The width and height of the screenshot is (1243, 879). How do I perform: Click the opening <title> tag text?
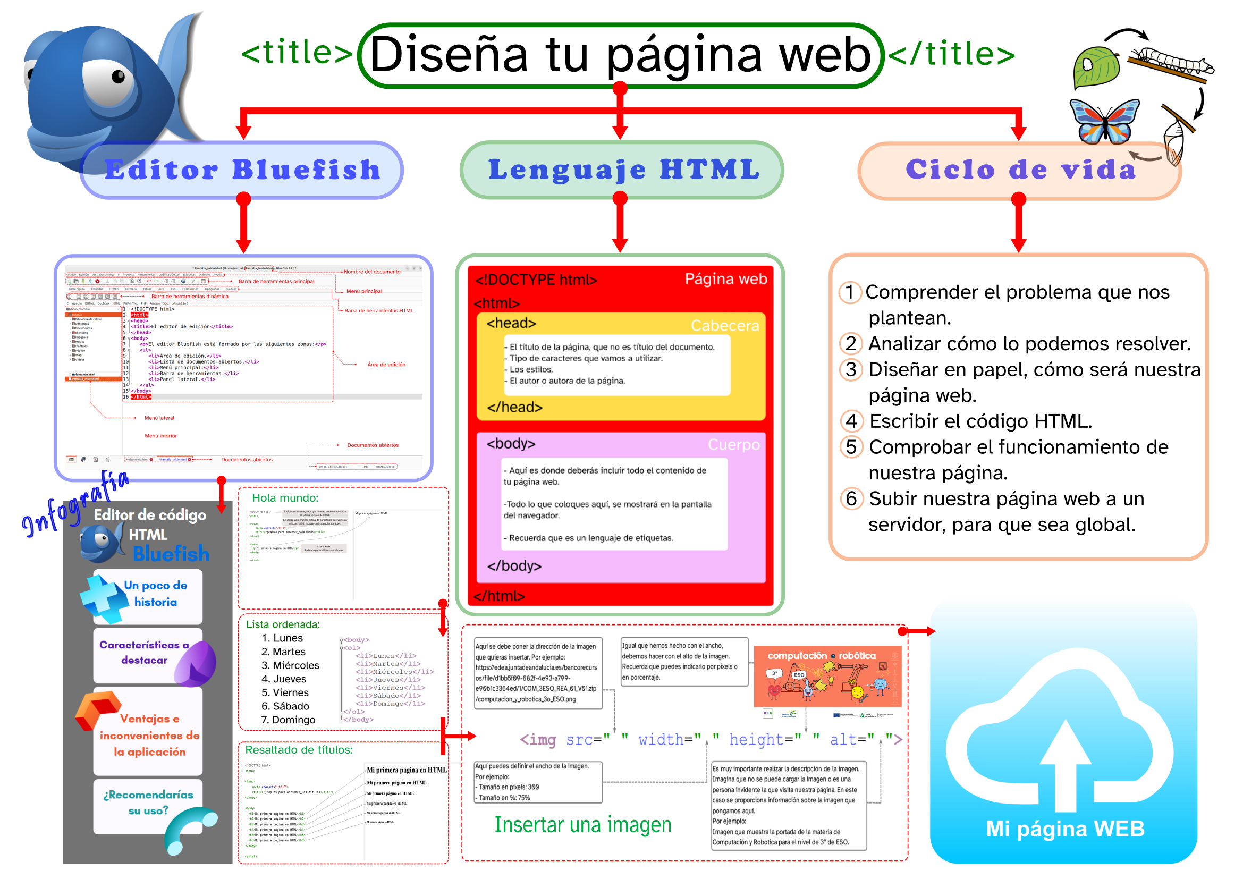pyautogui.click(x=297, y=53)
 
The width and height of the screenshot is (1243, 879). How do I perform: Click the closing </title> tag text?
pyautogui.click(x=951, y=54)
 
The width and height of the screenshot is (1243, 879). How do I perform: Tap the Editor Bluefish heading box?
pyautogui.click(x=242, y=170)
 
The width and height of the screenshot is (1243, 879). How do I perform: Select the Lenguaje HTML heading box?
pyautogui.click(x=622, y=170)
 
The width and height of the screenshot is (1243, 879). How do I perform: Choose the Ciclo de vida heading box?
pyautogui.click(x=1019, y=170)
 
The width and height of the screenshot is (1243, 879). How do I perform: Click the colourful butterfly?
pyautogui.click(x=1104, y=121)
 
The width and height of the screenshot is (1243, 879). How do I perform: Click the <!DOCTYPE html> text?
pyautogui.click(x=536, y=280)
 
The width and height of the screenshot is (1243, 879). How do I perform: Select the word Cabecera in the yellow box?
pyautogui.click(x=724, y=325)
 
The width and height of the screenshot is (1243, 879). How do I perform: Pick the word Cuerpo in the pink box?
pyautogui.click(x=733, y=444)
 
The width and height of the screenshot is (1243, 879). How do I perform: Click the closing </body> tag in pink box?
pyautogui.click(x=514, y=565)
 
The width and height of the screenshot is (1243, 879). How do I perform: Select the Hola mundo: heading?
pyautogui.click(x=285, y=498)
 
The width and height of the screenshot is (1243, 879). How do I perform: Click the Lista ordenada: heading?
pyautogui.click(x=283, y=624)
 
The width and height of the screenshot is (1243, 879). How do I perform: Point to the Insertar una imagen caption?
pyautogui.click(x=582, y=824)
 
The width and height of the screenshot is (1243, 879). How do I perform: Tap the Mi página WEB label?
pyautogui.click(x=1065, y=829)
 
